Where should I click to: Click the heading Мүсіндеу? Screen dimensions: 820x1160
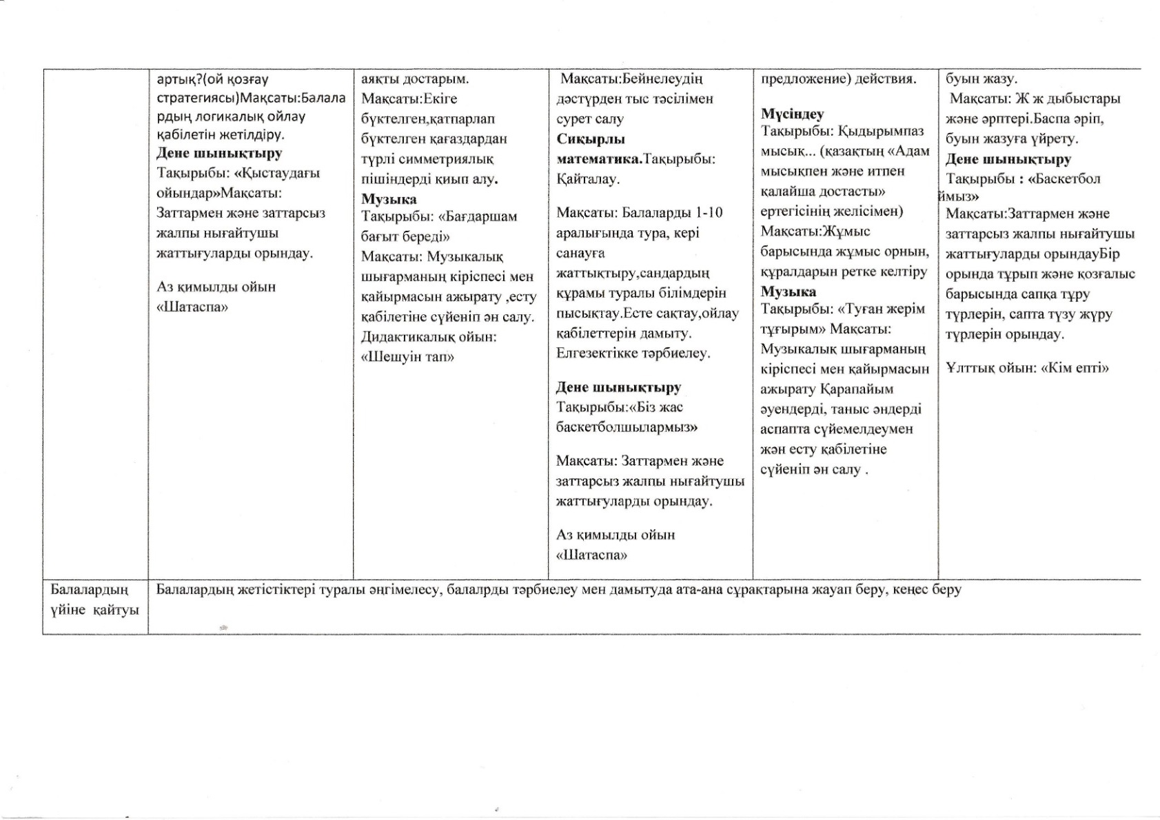pos(792,114)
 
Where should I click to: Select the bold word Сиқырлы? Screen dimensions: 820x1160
pos(591,139)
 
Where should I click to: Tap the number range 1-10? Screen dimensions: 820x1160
pos(705,212)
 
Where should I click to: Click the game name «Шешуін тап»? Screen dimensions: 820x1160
pos(408,357)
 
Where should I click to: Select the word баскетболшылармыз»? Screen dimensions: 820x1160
pos(627,427)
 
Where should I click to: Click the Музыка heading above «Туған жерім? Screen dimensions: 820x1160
pos(788,291)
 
